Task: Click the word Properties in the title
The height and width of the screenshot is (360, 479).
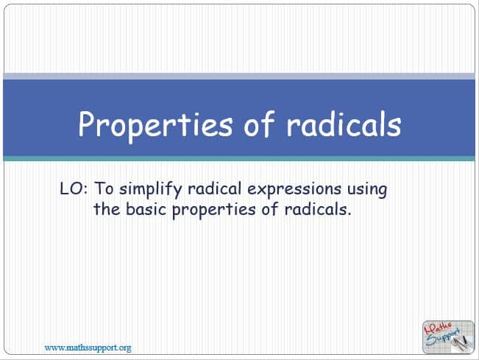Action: point(155,125)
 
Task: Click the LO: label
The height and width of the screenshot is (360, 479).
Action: point(74,188)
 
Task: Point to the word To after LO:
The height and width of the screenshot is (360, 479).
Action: point(104,188)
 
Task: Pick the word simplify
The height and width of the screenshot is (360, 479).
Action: point(150,189)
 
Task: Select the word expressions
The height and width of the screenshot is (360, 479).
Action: point(294,189)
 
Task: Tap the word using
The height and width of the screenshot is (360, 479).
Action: point(367,190)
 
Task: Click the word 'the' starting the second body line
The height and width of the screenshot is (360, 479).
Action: point(107,209)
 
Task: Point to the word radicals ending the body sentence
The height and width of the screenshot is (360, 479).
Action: point(317,209)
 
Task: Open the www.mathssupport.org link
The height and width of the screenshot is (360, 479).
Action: point(88,347)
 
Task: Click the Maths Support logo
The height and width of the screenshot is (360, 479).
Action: point(448,337)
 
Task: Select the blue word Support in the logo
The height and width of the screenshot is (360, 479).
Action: point(443,337)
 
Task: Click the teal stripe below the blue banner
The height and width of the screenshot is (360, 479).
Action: point(239,158)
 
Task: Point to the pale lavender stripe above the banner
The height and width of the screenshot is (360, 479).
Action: point(239,77)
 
